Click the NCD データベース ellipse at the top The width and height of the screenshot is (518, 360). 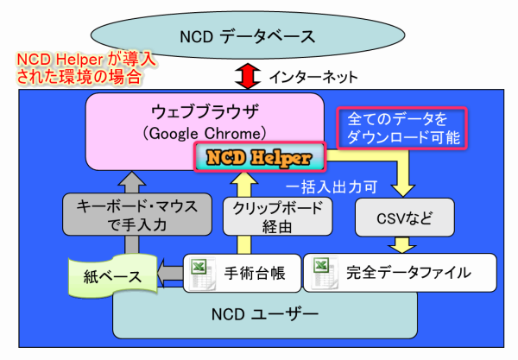point(248,35)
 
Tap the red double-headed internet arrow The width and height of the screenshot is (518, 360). point(248,76)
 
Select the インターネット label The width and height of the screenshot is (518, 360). point(313,77)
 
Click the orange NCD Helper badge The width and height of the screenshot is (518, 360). point(260,157)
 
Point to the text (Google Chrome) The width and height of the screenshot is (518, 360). point(205,134)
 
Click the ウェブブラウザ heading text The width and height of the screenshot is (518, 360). point(205,111)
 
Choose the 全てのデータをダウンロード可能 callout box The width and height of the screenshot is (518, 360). point(402,128)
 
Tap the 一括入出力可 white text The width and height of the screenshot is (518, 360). point(332,187)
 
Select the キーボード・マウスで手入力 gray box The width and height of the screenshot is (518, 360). point(137,214)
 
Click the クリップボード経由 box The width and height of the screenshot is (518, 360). point(277,217)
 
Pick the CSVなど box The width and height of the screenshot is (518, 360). point(405,218)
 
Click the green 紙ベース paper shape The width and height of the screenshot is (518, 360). point(112,275)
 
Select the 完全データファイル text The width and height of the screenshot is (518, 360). point(408,273)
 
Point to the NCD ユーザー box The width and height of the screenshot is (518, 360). point(265,315)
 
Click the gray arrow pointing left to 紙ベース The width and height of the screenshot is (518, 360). point(170,274)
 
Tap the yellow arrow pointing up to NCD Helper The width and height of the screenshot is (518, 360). point(244,212)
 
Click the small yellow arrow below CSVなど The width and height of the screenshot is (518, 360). point(401,244)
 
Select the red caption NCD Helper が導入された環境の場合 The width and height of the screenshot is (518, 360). point(85,68)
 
